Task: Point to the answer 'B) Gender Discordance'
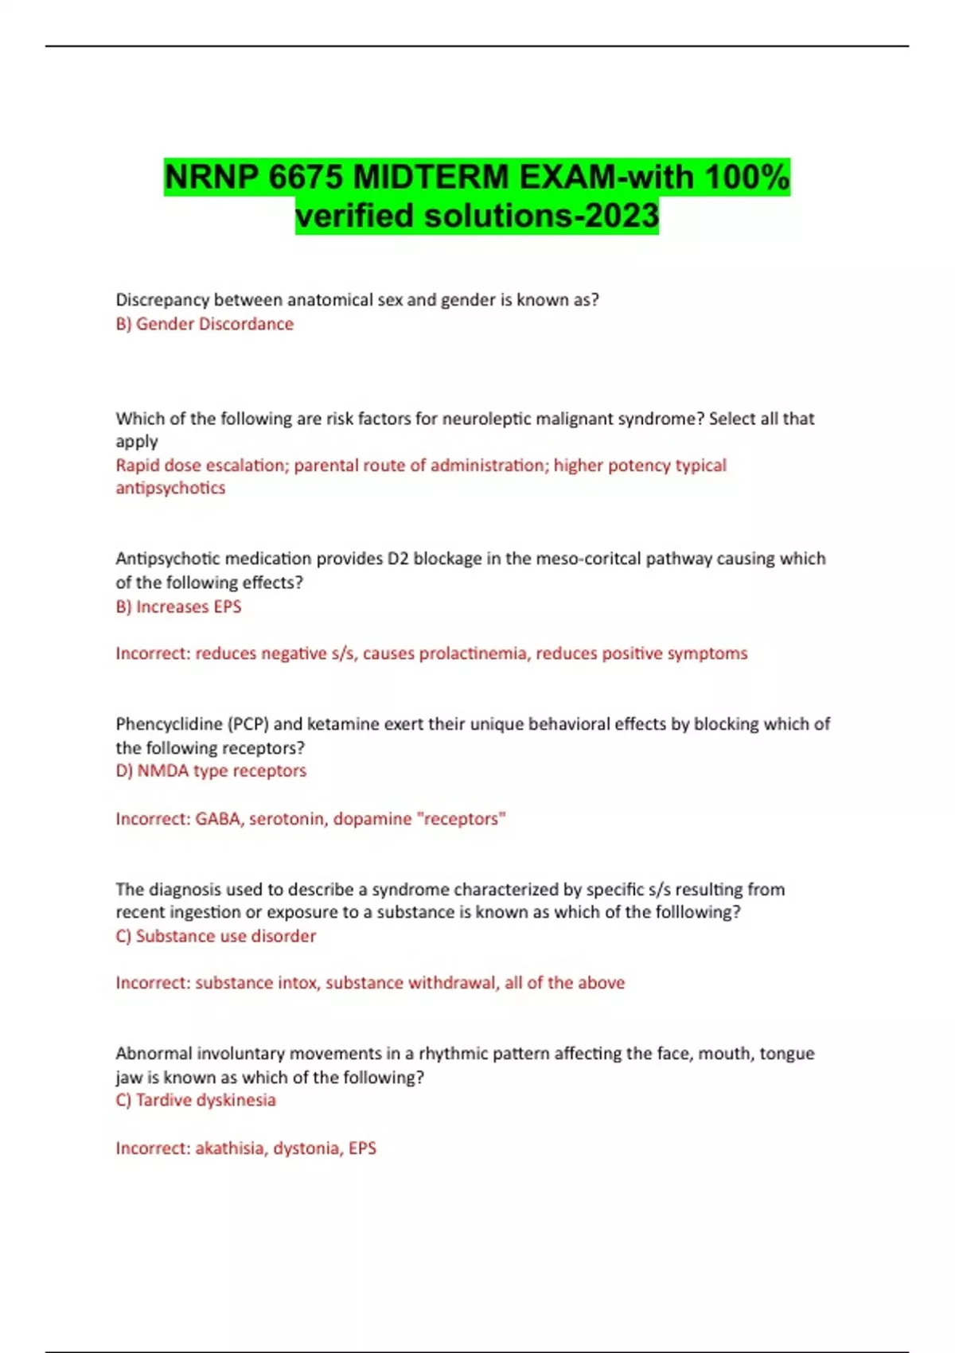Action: click(205, 324)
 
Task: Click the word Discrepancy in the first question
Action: click(162, 300)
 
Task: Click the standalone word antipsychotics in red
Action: click(170, 488)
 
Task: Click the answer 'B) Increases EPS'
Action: click(178, 606)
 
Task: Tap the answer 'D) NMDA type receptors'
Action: click(211, 770)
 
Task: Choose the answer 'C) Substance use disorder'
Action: click(216, 936)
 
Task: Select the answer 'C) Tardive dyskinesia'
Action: click(196, 1100)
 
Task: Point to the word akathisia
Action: click(230, 1148)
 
